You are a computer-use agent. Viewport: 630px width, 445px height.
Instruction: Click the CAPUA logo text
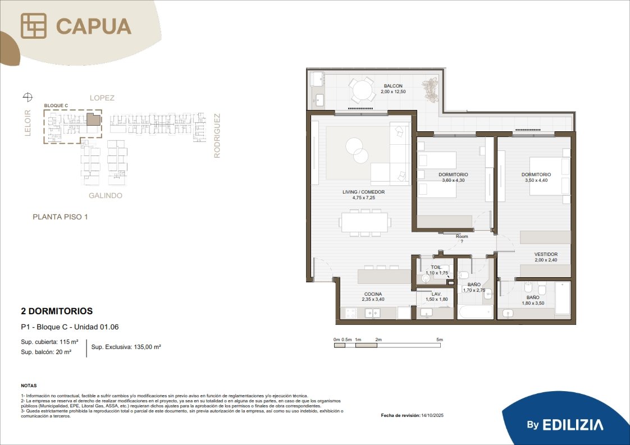[x=94, y=26]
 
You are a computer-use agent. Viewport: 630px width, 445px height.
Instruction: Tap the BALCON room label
[x=393, y=86]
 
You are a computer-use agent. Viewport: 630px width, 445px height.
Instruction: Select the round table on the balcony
[x=362, y=90]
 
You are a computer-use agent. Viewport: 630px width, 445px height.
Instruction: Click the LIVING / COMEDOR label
[x=364, y=192]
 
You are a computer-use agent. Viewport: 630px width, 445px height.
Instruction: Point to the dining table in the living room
[x=365, y=222]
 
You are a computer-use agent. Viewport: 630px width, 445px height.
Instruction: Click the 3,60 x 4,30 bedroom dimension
[x=453, y=180]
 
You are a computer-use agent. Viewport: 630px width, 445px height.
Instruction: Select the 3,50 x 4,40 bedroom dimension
[x=536, y=180]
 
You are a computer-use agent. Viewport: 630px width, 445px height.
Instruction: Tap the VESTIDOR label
[x=546, y=254]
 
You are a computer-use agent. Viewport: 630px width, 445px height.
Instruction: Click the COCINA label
[x=373, y=294]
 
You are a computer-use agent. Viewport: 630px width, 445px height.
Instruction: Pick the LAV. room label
[x=437, y=294]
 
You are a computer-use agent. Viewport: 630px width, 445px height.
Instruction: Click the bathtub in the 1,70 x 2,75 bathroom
[x=476, y=312]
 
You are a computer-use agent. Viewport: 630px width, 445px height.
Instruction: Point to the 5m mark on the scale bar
[x=440, y=340]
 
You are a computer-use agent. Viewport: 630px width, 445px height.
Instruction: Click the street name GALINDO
[x=105, y=196]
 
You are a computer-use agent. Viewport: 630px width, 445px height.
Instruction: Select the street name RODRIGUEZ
[x=217, y=136]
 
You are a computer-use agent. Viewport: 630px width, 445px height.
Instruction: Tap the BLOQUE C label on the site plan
[x=56, y=105]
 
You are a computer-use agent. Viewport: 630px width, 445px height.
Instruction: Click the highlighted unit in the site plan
[x=93, y=120]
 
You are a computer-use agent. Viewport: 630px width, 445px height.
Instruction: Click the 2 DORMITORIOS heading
[x=57, y=311]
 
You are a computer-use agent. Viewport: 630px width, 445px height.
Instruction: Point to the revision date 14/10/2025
[x=432, y=415]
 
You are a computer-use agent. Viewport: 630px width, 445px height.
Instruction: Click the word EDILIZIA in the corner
[x=573, y=425]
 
